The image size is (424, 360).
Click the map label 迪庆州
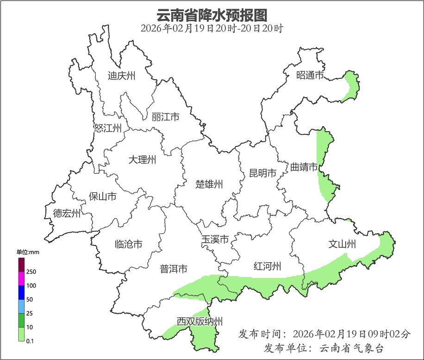point(121,76)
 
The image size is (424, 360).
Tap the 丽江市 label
point(165,117)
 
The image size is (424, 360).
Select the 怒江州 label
point(107,128)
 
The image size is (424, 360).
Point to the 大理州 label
point(142,160)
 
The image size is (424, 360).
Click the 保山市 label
point(102,196)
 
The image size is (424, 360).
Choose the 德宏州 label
point(67,214)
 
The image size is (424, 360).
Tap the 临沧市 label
point(128,244)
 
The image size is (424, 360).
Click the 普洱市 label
point(174,269)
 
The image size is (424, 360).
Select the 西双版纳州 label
point(200,322)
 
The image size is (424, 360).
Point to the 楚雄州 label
point(209,184)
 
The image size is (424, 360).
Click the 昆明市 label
point(262,173)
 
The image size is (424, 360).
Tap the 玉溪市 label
point(215,240)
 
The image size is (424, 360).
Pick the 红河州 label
point(268,266)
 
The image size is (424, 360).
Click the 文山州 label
point(342,244)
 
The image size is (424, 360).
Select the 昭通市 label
point(310,75)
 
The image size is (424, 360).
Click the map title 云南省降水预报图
point(212,15)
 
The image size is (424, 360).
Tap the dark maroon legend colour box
point(21,265)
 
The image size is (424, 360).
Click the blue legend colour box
point(21,293)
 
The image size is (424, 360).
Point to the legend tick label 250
point(31,272)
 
